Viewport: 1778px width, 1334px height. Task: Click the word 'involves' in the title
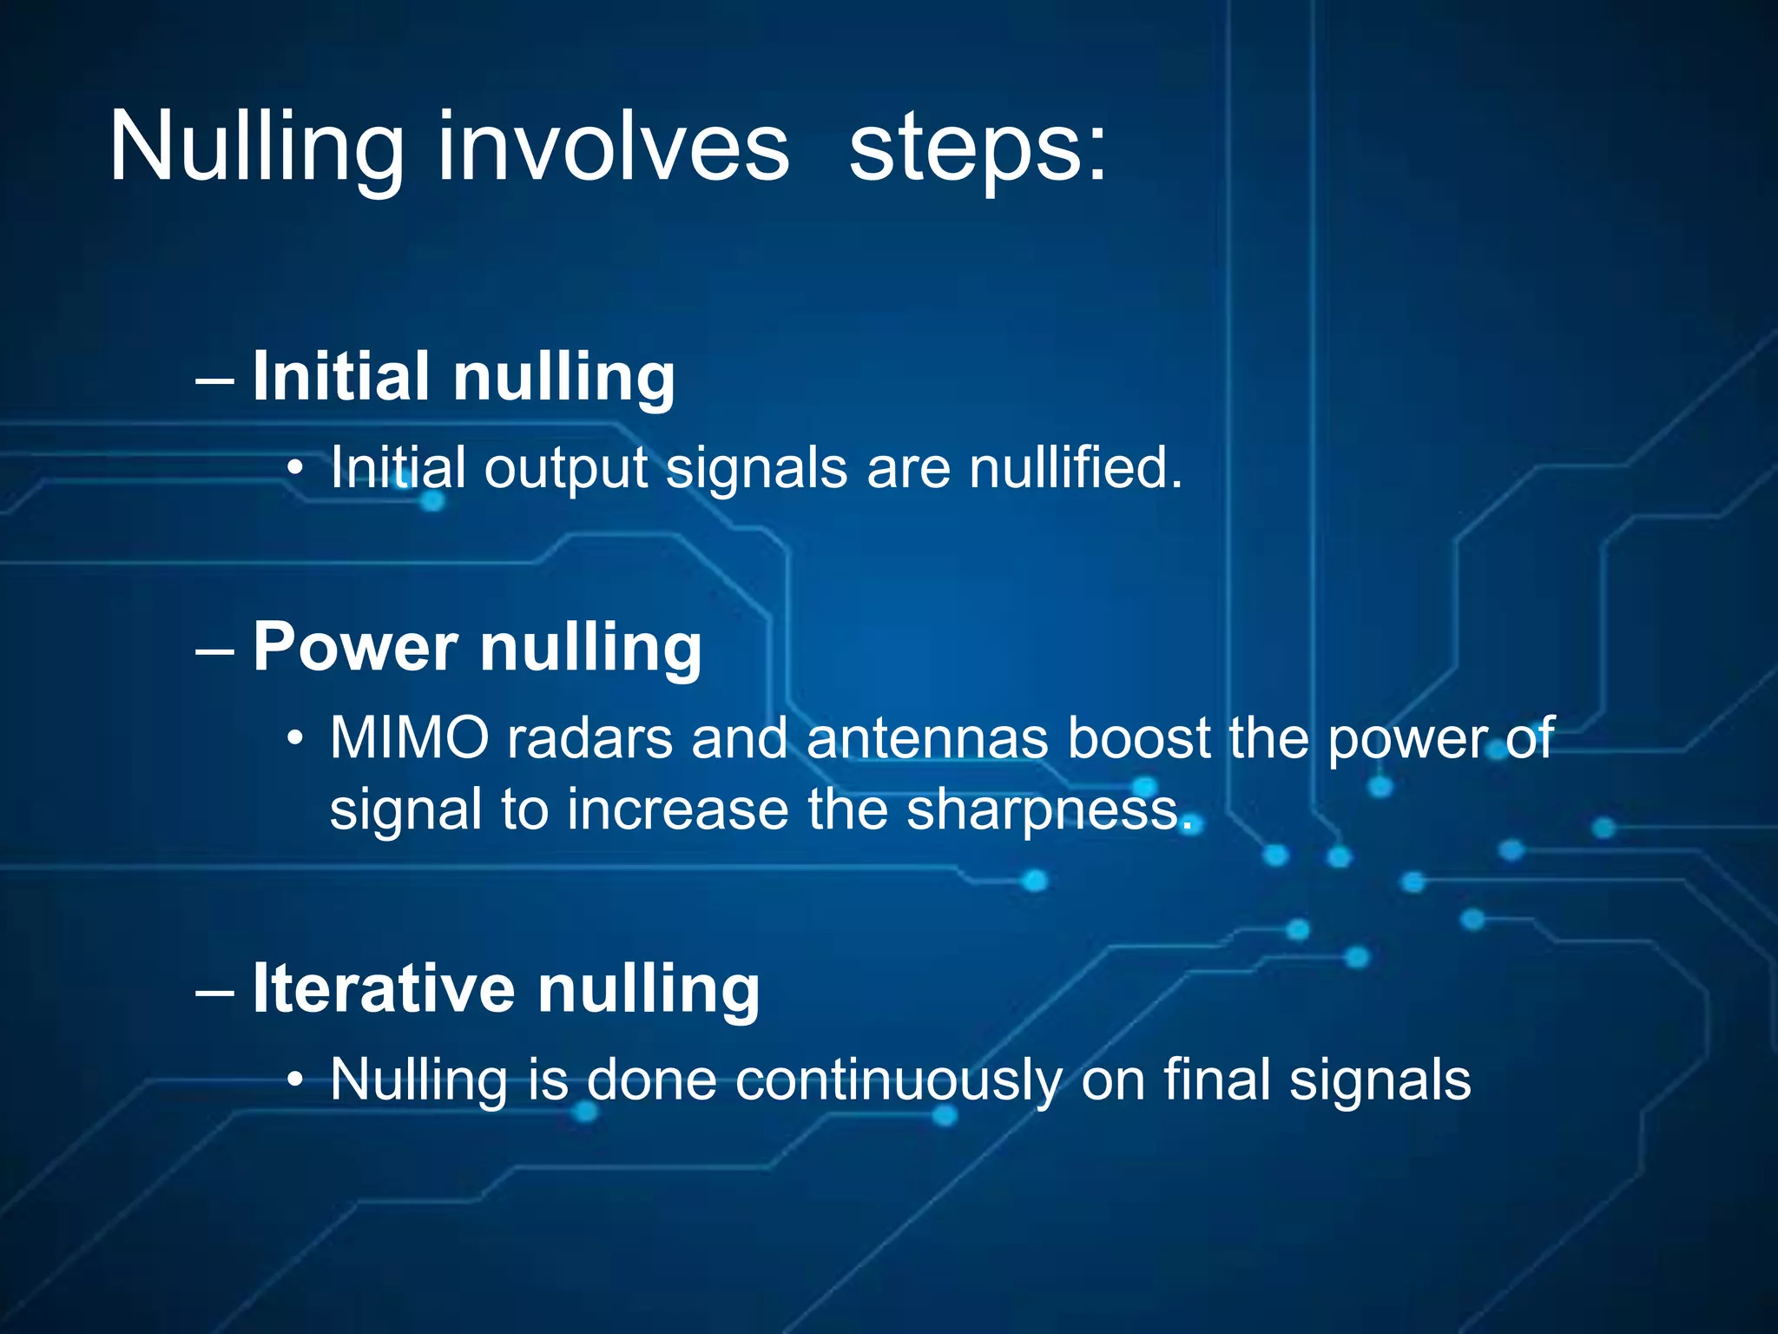click(x=613, y=148)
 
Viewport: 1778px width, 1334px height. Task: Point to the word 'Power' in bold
click(x=355, y=647)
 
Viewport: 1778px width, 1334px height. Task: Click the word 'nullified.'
click(x=1076, y=468)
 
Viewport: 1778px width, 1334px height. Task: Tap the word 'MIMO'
click(x=410, y=739)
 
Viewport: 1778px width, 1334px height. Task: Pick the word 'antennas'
click(x=927, y=739)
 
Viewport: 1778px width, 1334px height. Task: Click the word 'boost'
click(x=1138, y=739)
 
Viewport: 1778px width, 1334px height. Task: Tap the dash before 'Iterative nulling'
click(x=214, y=992)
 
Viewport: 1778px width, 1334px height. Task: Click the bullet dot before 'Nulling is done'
click(x=296, y=1081)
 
